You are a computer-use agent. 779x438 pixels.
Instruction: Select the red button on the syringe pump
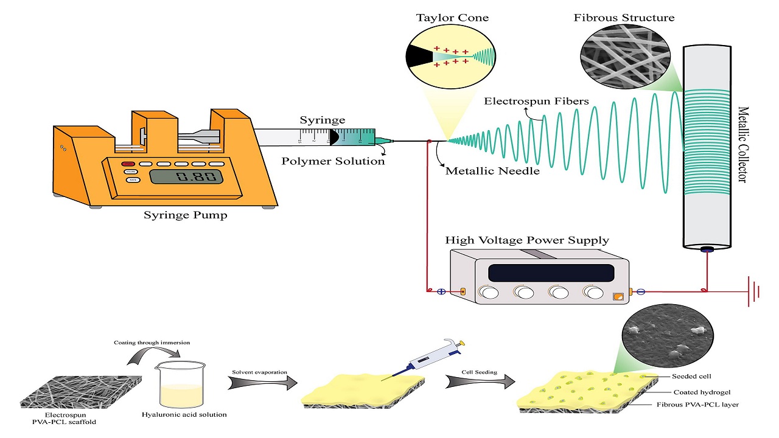128,164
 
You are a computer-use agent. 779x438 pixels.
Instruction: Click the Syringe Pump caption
185,215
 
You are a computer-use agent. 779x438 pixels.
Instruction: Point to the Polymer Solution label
333,161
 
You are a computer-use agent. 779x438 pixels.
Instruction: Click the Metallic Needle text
492,171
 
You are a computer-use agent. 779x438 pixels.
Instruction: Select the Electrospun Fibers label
536,101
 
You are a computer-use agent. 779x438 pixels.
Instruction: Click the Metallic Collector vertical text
744,144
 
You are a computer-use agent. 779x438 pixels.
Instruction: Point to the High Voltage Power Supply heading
527,240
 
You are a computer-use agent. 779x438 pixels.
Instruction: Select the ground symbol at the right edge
755,291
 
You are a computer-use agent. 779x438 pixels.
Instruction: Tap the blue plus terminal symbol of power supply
441,291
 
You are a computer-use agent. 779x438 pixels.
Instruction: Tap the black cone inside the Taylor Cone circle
419,56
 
